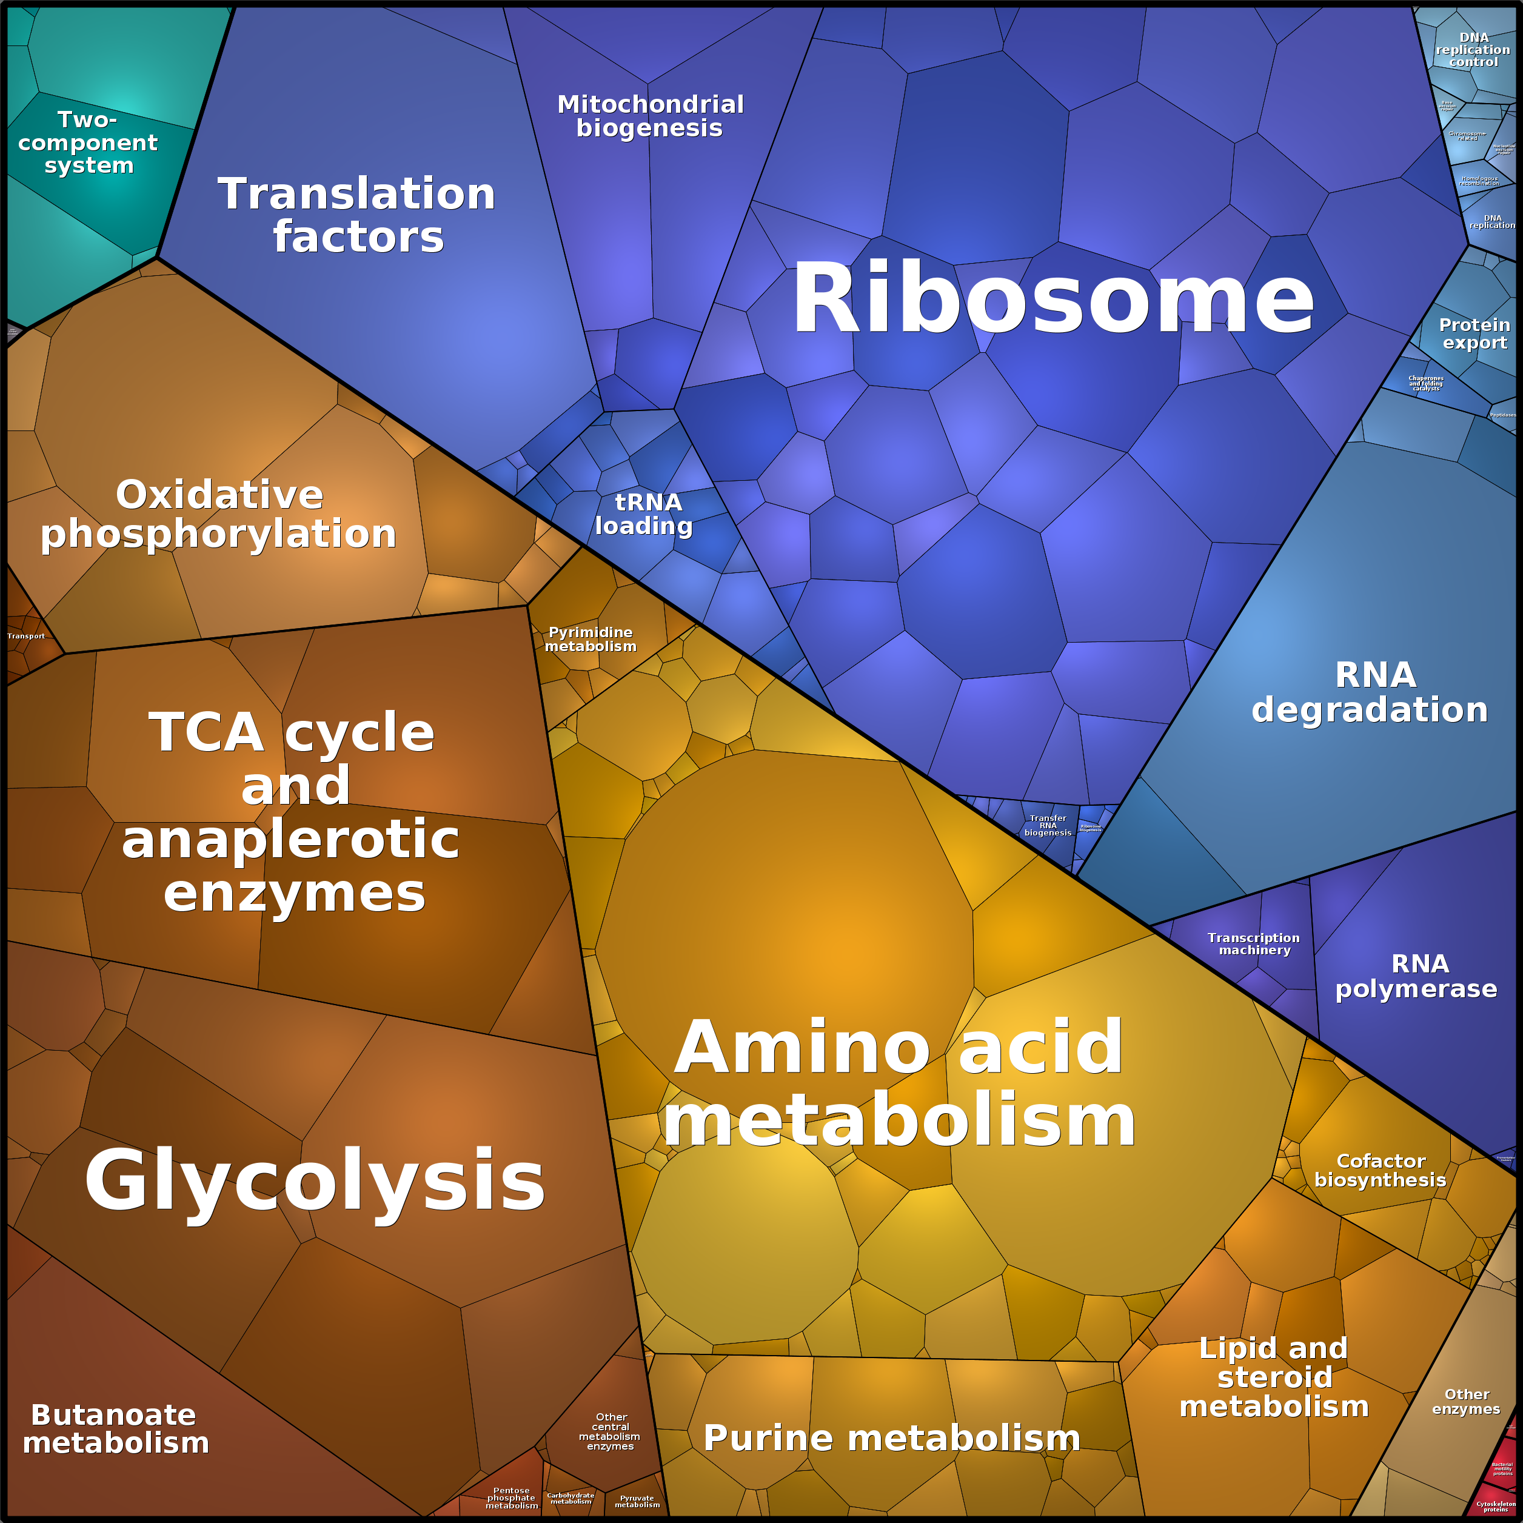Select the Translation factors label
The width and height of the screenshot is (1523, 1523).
point(357,215)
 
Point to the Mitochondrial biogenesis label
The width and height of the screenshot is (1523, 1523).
point(651,116)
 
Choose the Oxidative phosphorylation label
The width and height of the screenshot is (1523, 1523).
point(219,514)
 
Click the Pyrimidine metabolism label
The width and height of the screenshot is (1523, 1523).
point(591,639)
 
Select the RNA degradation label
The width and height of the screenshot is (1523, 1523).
point(1370,692)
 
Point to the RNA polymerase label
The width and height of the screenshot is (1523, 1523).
point(1416,976)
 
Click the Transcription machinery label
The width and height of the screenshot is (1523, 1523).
point(1253,943)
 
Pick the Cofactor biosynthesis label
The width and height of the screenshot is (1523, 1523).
point(1381,1171)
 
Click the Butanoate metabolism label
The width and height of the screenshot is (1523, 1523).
point(115,1428)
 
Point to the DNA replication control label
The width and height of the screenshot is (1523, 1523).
point(1473,50)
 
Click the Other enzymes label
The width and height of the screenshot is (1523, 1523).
point(1466,1402)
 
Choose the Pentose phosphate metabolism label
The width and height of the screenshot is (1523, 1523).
point(512,1498)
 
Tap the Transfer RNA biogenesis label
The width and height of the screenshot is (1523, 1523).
point(1048,825)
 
